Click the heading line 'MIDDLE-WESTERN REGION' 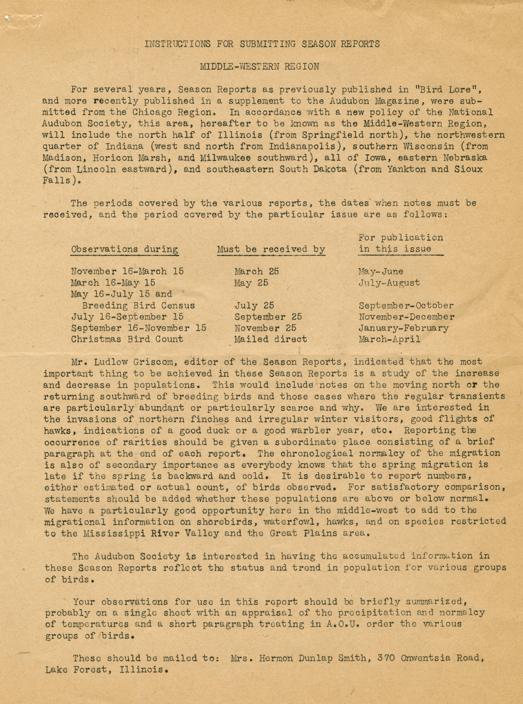[259, 67]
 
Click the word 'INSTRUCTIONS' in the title [177, 44]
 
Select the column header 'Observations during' [124, 249]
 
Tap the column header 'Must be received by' [271, 249]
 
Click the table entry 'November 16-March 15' [127, 271]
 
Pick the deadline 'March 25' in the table [257, 271]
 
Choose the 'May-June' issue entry [381, 271]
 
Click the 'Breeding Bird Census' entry [138, 306]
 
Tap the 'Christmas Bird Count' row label [127, 339]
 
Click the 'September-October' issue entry [406, 306]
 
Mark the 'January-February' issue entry [403, 328]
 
